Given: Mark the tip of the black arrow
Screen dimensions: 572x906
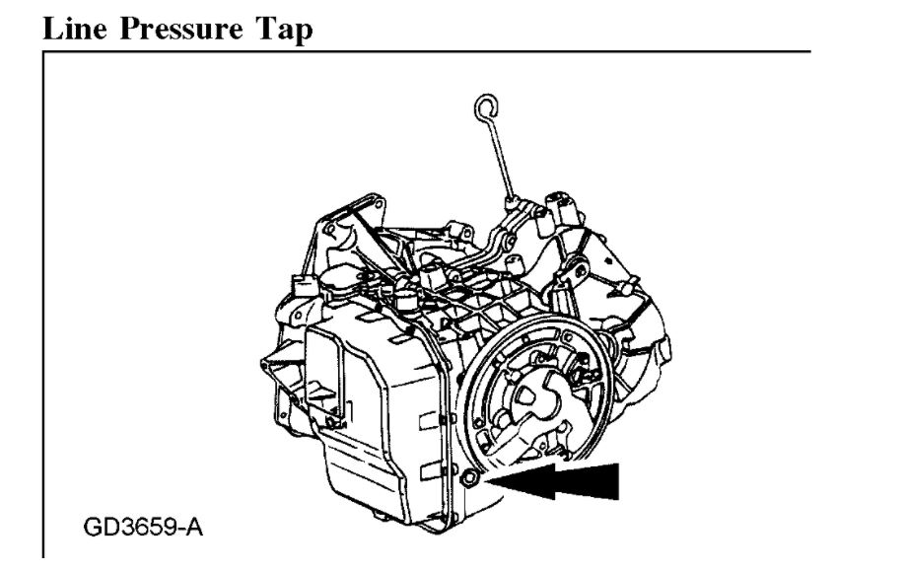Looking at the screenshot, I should point(491,480).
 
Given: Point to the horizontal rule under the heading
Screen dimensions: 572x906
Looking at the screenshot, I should point(424,51).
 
